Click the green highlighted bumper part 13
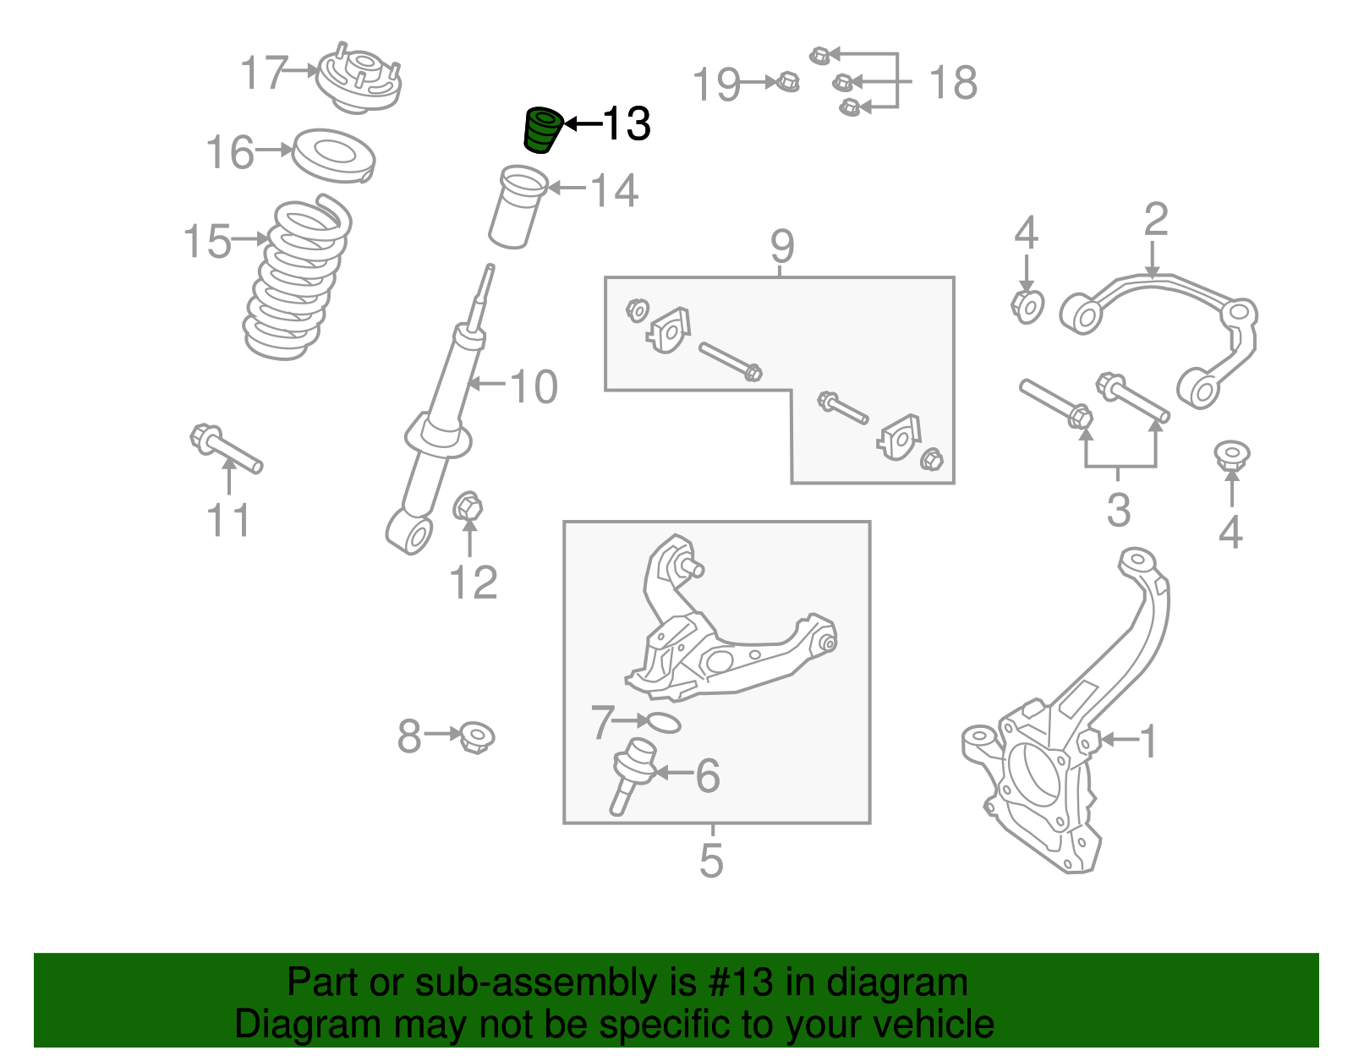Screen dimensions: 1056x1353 tap(540, 131)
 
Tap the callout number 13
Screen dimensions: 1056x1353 tap(626, 124)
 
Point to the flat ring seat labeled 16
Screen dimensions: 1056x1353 tap(333, 156)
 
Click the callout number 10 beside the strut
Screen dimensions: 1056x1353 tap(534, 386)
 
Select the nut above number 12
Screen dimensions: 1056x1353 tap(468, 508)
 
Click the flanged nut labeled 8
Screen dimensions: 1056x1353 tap(477, 737)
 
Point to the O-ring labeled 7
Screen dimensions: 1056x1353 tap(660, 723)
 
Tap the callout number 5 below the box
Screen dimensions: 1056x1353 tap(711, 860)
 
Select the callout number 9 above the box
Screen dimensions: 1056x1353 tap(782, 246)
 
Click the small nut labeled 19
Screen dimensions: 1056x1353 tap(787, 83)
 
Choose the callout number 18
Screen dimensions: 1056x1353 tap(952, 83)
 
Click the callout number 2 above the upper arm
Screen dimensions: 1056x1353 tap(1155, 219)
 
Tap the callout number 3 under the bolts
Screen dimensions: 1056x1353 tap(1118, 510)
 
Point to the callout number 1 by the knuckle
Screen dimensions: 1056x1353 tap(1148, 741)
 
